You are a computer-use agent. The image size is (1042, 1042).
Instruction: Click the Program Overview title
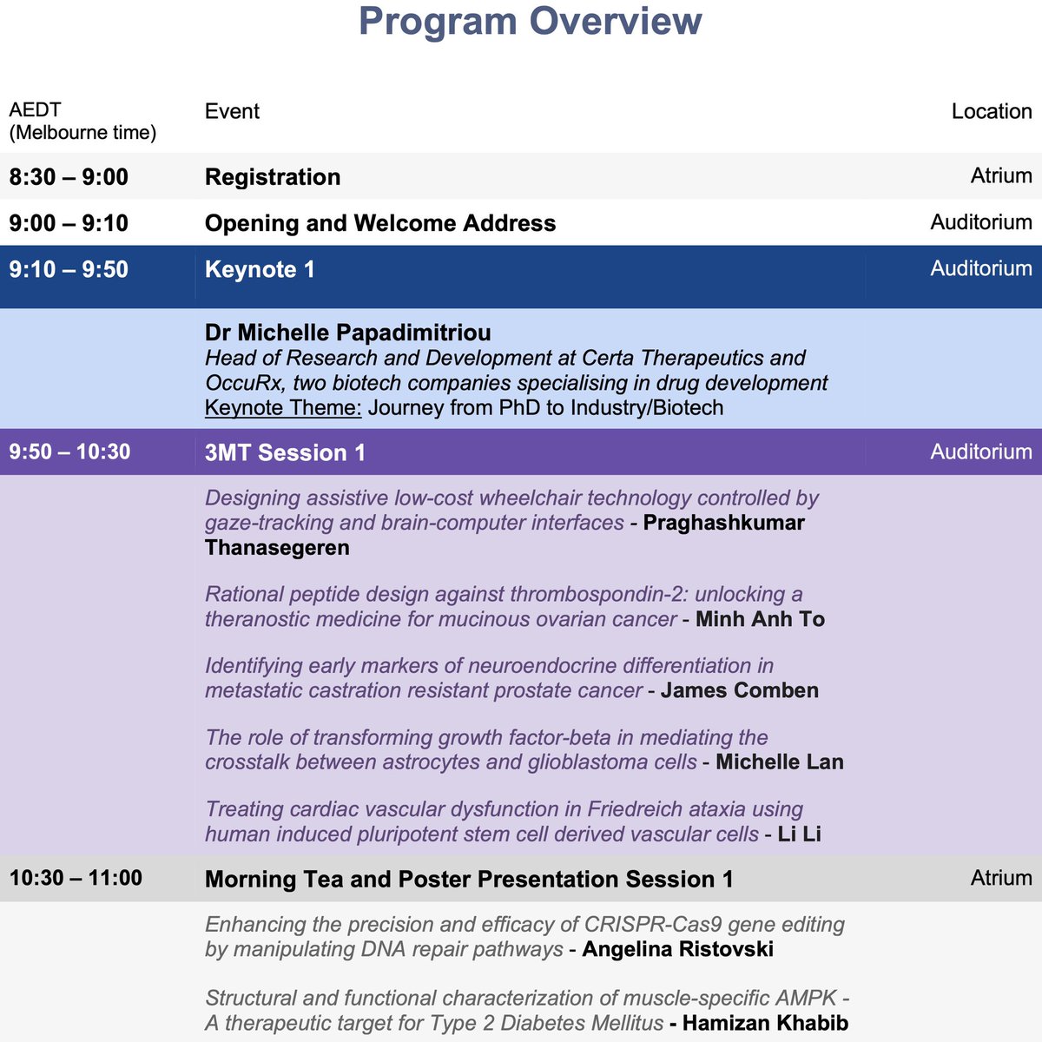tap(530, 21)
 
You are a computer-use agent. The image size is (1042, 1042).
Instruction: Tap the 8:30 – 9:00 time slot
tap(69, 177)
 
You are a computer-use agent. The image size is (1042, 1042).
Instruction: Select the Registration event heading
tap(273, 177)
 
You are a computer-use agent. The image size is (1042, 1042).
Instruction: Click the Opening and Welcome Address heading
tap(380, 223)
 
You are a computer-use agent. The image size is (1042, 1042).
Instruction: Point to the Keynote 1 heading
tap(260, 269)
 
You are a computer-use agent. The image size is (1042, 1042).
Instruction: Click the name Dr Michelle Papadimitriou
tap(348, 333)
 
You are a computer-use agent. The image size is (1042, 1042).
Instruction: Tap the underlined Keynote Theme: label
tap(283, 407)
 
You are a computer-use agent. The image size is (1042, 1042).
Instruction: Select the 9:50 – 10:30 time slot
tap(69, 452)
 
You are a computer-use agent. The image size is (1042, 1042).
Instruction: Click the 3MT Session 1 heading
tap(285, 452)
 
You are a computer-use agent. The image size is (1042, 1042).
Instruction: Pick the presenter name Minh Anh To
tap(760, 619)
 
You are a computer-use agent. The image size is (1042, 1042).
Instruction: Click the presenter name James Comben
tap(739, 690)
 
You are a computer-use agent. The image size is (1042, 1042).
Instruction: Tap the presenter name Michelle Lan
tap(779, 762)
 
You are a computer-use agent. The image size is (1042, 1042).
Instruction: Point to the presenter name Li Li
tap(799, 834)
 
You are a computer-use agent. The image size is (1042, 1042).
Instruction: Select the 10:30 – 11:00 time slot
tap(76, 878)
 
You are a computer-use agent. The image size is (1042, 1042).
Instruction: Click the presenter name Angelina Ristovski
tap(677, 949)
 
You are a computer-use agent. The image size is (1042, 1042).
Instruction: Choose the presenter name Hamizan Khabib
tap(765, 1023)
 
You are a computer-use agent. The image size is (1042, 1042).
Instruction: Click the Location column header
tap(992, 111)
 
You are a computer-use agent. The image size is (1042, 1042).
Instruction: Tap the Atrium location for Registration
tap(1001, 176)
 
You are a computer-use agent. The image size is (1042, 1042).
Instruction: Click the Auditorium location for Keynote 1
tap(981, 268)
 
